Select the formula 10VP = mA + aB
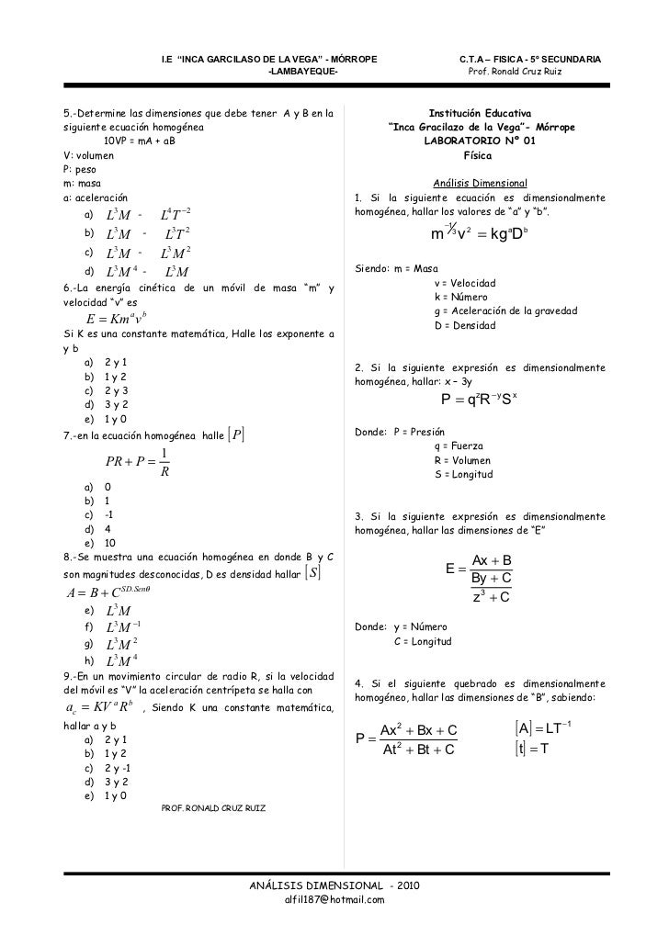tap(139, 141)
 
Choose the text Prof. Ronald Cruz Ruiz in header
tap(522, 72)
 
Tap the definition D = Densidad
tap(467, 326)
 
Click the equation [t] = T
tap(530, 750)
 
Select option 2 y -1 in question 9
tap(118, 768)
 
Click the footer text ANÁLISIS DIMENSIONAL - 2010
tap(335, 885)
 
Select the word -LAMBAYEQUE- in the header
tap(300, 72)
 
